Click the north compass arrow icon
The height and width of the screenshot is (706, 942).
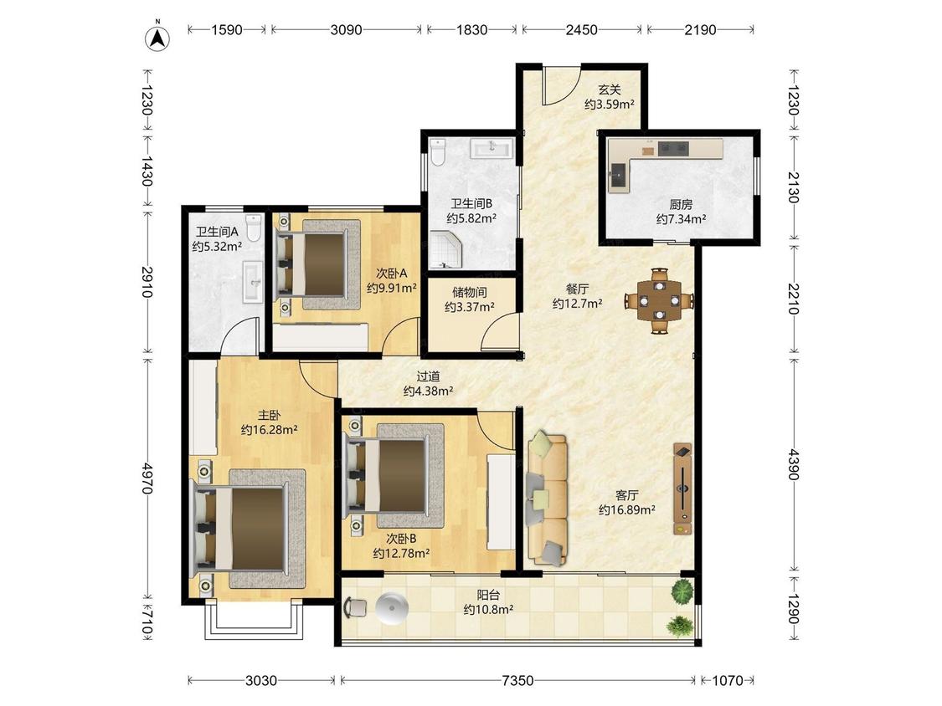pos(157,38)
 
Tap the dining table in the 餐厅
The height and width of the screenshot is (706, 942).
pos(660,300)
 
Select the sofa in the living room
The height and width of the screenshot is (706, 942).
pos(548,499)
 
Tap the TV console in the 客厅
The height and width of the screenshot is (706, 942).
pos(682,489)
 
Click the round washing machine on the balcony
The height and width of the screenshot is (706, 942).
pos(392,607)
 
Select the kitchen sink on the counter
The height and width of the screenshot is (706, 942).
pos(618,176)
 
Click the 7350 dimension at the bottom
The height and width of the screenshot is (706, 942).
pos(517,680)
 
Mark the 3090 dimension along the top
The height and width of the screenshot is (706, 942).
pos(346,29)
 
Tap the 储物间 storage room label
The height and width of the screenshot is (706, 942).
pos(470,293)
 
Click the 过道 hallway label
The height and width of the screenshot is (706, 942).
pos(429,376)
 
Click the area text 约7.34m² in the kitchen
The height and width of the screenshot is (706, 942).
pos(681,219)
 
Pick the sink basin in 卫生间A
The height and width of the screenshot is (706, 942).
pos(253,282)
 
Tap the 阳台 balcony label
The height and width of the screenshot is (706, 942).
pos(488,595)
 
